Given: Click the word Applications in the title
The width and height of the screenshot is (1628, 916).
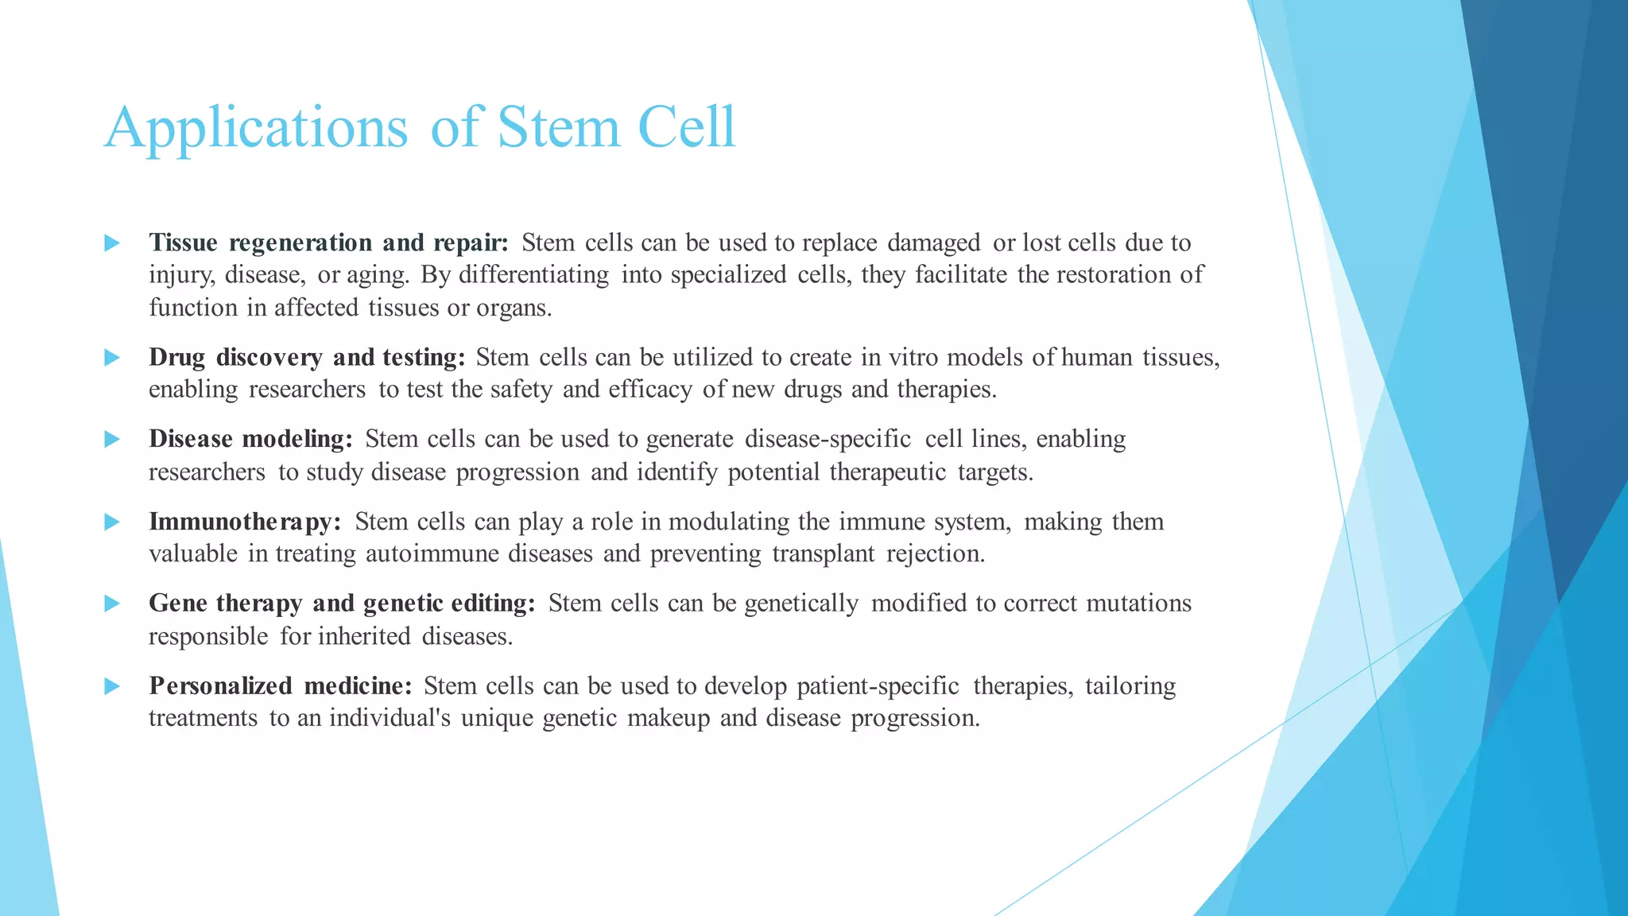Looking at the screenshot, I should pos(255,127).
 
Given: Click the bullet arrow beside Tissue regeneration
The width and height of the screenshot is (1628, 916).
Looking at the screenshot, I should pos(112,243).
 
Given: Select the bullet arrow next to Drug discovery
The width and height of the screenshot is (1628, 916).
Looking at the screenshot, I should pos(112,358).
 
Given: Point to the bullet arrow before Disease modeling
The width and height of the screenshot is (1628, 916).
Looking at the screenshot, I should pos(112,440).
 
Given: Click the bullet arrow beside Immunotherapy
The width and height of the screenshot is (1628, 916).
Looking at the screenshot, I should pos(112,522).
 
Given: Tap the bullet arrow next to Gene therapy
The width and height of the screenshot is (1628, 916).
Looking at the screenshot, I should pos(112,604).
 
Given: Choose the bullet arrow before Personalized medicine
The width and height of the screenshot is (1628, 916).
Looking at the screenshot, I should pos(112,686).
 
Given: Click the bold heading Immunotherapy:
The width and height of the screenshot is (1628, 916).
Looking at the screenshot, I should pos(245,522).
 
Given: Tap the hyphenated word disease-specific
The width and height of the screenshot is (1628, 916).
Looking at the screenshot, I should pos(828,440).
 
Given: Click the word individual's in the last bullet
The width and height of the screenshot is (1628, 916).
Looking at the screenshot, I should pos(390,718).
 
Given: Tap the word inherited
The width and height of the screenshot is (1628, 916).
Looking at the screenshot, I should pos(365,636).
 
